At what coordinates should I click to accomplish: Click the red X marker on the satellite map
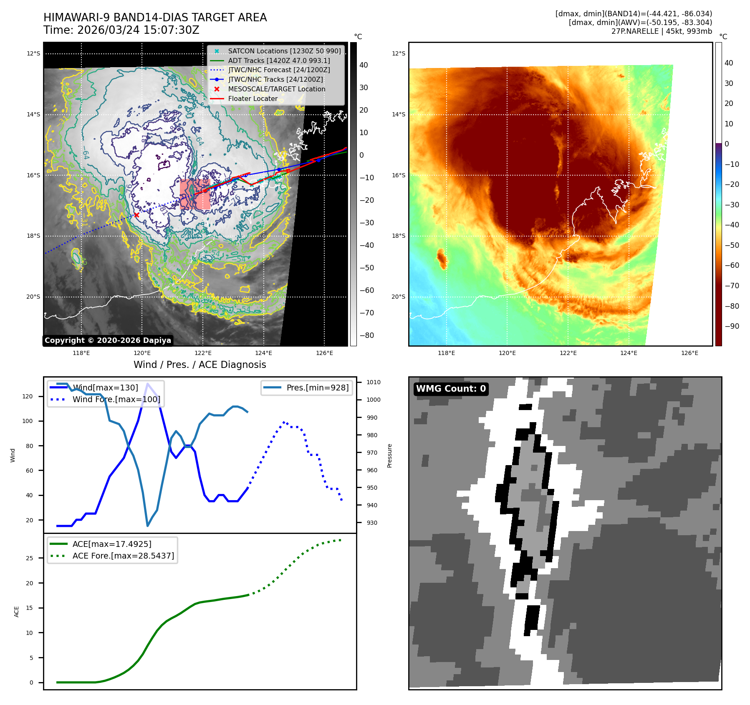point(136,215)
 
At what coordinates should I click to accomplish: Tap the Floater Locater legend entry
point(253,98)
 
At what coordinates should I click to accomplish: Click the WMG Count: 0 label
point(451,389)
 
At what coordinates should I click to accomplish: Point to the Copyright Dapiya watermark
point(108,340)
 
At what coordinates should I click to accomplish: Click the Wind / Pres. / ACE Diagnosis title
point(199,365)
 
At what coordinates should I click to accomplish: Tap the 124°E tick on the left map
point(264,353)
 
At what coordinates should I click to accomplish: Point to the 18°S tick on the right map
point(398,236)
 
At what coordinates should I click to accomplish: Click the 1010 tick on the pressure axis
point(373,382)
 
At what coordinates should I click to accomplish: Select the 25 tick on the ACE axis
point(30,558)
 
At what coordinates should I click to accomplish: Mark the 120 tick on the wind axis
point(28,396)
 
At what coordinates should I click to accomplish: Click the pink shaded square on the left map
point(195,194)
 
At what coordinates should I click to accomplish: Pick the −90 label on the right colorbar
point(732,326)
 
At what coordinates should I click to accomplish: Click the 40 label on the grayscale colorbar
point(364,65)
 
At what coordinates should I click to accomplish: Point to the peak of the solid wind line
point(147,383)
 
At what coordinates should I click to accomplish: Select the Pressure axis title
point(390,456)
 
